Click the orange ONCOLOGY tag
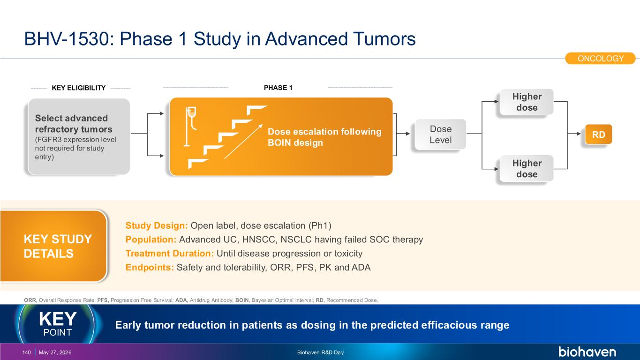click(600, 59)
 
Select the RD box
click(598, 134)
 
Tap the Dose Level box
click(440, 134)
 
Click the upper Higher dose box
click(527, 102)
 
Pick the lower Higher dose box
click(527, 169)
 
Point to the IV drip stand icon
click(191, 127)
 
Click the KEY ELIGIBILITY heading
click(79, 88)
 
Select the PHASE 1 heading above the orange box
click(278, 88)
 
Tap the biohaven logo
click(587, 352)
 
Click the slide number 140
click(27, 352)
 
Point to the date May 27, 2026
click(55, 352)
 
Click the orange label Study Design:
click(157, 226)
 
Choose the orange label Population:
click(151, 240)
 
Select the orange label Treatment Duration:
click(170, 254)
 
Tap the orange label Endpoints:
click(150, 268)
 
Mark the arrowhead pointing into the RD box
click(579, 134)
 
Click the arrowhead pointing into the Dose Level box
click(408, 134)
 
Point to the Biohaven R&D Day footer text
click(320, 352)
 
